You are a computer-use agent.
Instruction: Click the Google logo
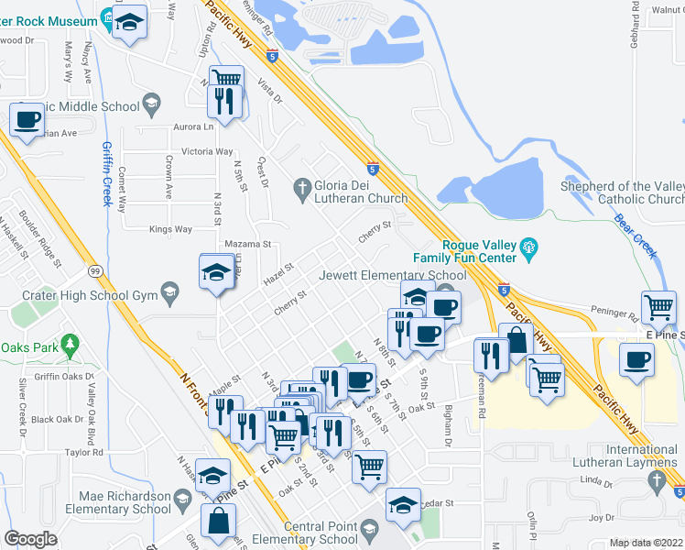(31, 539)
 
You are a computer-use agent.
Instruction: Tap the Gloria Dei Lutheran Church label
(361, 192)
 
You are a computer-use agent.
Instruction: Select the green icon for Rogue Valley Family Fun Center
(528, 246)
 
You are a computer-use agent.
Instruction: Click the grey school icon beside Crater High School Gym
(169, 292)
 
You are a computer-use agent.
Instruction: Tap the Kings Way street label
(170, 229)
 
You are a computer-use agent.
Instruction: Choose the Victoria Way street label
(207, 151)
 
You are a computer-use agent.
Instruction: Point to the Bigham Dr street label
(449, 427)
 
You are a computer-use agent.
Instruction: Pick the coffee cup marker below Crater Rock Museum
(27, 120)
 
